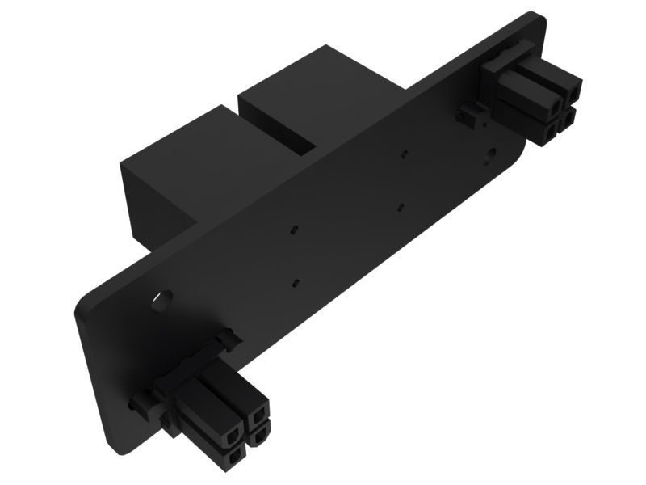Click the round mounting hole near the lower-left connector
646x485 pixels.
point(162,300)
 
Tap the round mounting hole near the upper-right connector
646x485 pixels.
point(493,153)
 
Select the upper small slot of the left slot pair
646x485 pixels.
point(296,230)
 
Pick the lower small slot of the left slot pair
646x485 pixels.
point(296,283)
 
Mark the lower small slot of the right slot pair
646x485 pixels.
point(401,207)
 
